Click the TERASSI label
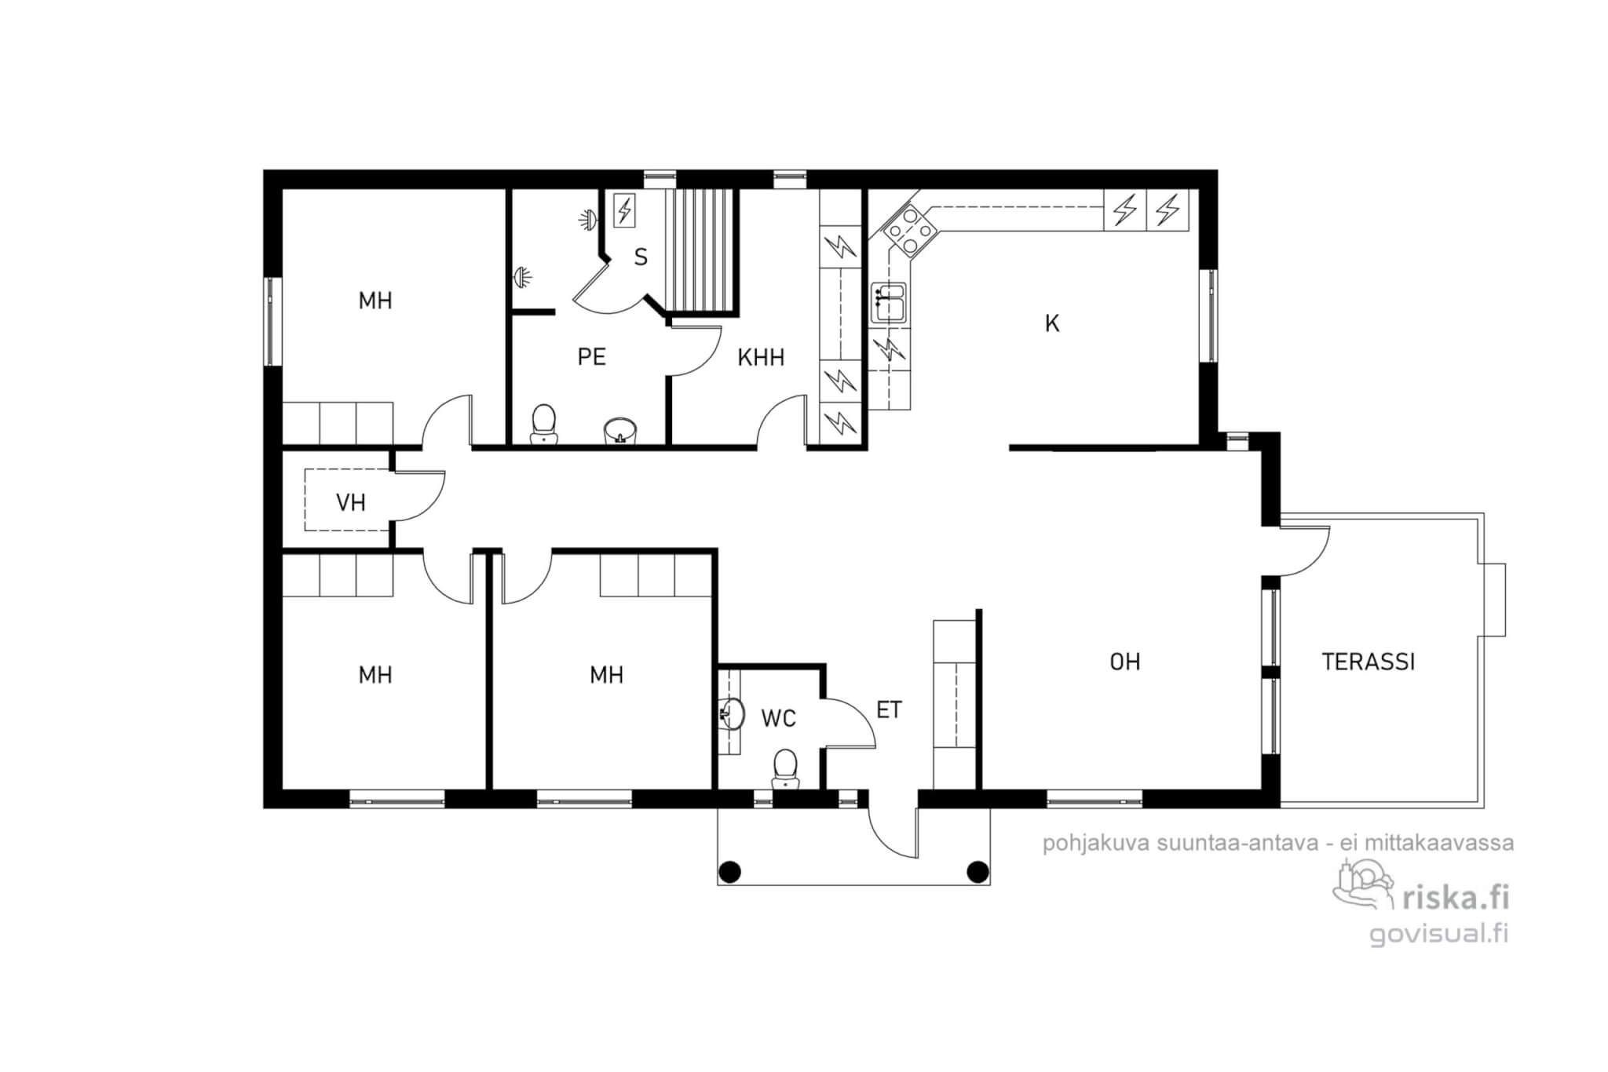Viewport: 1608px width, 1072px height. pos(1368,662)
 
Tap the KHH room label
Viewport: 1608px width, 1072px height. pos(761,357)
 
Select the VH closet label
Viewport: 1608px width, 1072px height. pos(350,502)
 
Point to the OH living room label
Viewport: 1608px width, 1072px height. pos(1124,662)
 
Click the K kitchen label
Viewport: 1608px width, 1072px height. pos(1052,323)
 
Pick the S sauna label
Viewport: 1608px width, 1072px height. pos(641,257)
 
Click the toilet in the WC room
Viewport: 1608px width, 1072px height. pos(785,768)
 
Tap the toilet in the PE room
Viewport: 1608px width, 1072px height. pos(543,424)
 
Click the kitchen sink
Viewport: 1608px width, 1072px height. pos(890,303)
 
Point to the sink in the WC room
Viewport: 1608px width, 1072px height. pos(732,713)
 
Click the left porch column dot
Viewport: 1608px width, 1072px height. pos(730,871)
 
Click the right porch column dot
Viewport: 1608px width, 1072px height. pos(978,871)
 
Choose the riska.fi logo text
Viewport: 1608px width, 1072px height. pos(1454,896)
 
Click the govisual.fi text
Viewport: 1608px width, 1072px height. pos(1438,933)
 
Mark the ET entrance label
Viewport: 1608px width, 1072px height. pos(889,710)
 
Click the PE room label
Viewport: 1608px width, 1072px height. pos(591,357)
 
